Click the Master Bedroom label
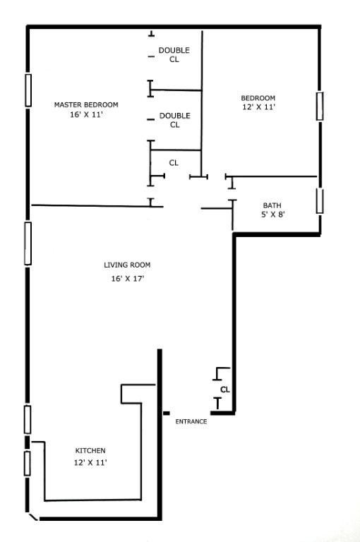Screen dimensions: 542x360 tap(86, 104)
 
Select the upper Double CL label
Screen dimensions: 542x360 tap(174, 54)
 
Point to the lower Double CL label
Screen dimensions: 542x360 tap(174, 120)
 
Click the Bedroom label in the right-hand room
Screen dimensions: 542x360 tap(258, 98)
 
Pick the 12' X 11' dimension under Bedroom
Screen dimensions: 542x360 tap(258, 107)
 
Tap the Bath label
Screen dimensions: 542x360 tap(272, 205)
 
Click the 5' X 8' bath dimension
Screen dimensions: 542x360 tap(272, 215)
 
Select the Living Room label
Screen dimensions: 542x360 tap(127, 265)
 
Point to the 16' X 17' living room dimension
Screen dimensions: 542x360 tap(127, 279)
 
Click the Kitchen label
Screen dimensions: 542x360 tap(90, 450)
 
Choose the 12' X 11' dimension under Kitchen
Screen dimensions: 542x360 tap(90, 462)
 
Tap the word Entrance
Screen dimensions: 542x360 tap(191, 421)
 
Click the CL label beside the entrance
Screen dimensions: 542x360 tap(225, 389)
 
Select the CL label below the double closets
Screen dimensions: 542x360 tap(174, 163)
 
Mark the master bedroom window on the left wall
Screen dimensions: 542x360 tap(28, 90)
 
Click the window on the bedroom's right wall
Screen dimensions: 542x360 tap(320, 106)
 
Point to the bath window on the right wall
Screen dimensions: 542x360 tap(320, 200)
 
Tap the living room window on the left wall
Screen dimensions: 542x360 tap(28, 243)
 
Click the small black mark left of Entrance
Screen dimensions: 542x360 tap(167, 413)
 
